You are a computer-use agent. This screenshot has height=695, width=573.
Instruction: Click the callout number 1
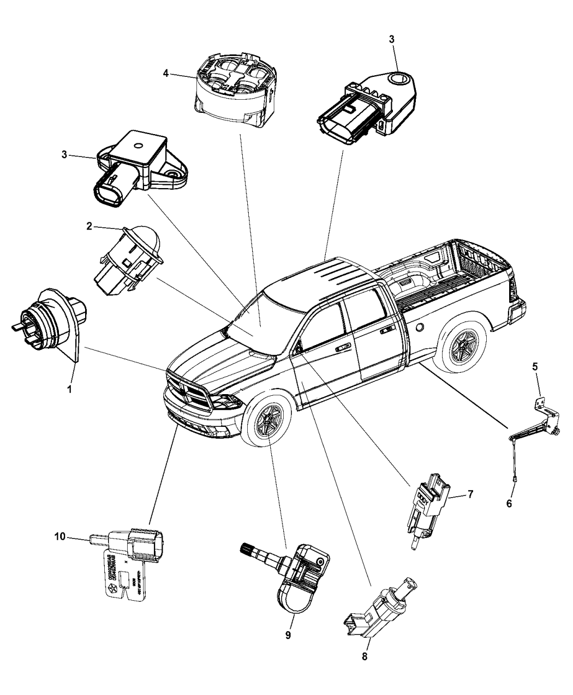pyautogui.click(x=69, y=390)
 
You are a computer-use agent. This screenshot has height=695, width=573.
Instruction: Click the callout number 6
pyautogui.click(x=509, y=504)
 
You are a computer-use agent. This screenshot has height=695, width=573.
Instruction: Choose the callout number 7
pyautogui.click(x=470, y=494)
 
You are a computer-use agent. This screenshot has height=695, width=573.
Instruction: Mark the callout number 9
pyautogui.click(x=289, y=636)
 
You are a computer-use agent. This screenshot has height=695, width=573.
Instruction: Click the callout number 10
pyautogui.click(x=59, y=537)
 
